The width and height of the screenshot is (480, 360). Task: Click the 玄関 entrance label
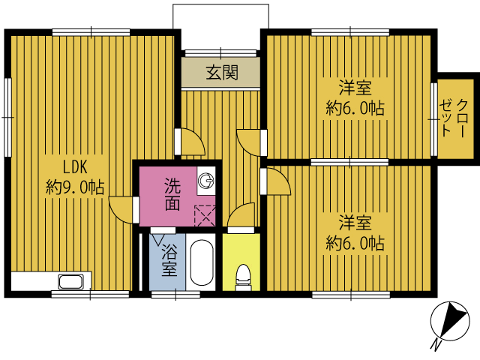tap(222, 73)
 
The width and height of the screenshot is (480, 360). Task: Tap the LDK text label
tap(75, 167)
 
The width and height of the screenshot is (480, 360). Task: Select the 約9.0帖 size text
tap(75, 187)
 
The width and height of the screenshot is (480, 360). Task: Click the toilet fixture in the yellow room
tap(243, 277)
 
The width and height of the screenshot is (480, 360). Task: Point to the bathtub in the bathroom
tap(202, 262)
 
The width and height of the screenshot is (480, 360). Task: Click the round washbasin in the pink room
tap(205, 181)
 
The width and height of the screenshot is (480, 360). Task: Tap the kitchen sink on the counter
tap(71, 281)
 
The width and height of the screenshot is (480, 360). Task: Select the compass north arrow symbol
tap(450, 321)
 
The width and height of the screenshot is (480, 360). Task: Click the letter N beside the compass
tap(436, 345)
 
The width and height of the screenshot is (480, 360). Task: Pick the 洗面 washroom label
tap(172, 194)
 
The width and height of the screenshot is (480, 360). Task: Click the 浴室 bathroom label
tap(169, 260)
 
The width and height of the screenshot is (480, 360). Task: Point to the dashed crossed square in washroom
tap(205, 216)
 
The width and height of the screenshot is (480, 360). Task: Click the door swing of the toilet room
tap(241, 214)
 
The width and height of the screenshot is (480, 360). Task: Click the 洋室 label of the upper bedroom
tap(355, 88)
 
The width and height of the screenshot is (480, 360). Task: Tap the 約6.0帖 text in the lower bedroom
tap(355, 244)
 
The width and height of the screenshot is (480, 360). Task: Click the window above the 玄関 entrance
tap(220, 53)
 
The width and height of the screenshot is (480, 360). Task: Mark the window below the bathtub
tap(175, 295)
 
